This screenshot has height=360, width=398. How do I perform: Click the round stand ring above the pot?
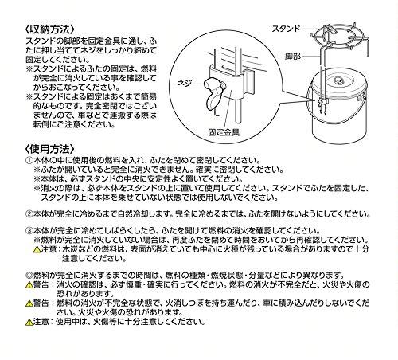coord(342,37)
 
